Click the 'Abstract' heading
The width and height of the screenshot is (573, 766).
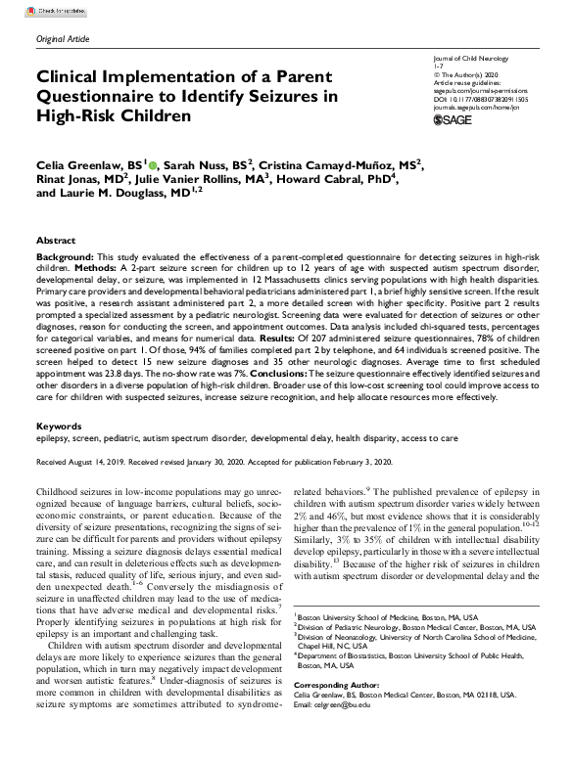55,240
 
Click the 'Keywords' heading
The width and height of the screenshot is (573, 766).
58,428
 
